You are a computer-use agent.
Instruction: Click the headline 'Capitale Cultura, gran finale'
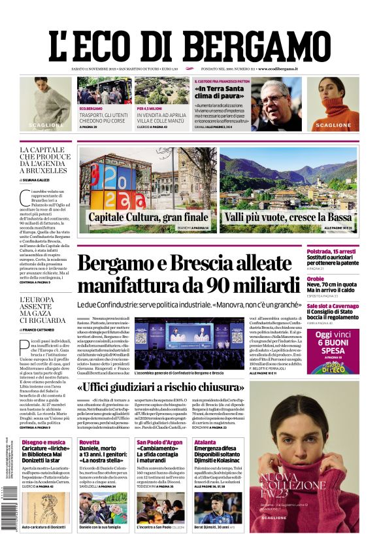coord(148,216)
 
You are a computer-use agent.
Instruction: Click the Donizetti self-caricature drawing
coord(46,507)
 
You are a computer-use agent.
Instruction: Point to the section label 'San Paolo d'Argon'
coord(159,443)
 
